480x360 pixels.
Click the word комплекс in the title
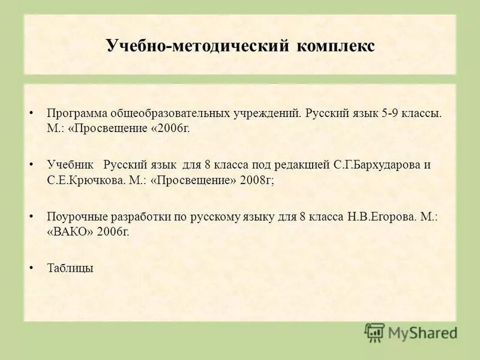click(x=335, y=46)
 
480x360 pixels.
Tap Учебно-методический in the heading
click(x=197, y=46)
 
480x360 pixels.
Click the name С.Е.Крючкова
click(x=85, y=181)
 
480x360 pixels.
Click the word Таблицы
click(x=70, y=268)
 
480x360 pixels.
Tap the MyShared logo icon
click(x=374, y=332)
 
